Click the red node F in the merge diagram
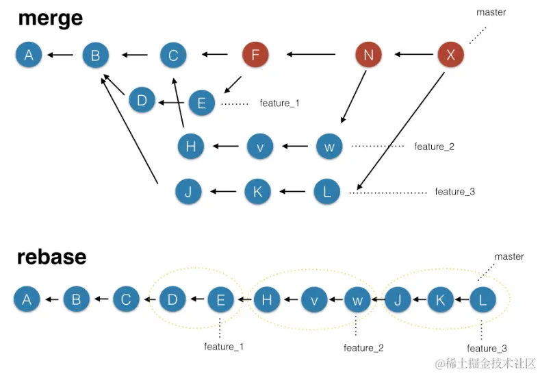tap(255, 55)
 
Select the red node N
tap(369, 55)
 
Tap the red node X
tap(450, 55)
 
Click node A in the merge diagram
tap(29, 55)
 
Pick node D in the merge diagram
tap(142, 101)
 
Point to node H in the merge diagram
tap(190, 146)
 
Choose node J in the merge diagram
tap(188, 192)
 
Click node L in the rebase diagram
tap(483, 299)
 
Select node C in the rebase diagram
tap(125, 299)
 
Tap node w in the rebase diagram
tap(357, 299)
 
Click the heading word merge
tap(50, 18)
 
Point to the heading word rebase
tap(52, 257)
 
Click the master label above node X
tap(491, 13)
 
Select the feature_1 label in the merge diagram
tap(279, 103)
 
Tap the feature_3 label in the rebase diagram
tap(487, 349)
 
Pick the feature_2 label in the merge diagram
tap(434, 147)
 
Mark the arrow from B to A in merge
tap(60, 55)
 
